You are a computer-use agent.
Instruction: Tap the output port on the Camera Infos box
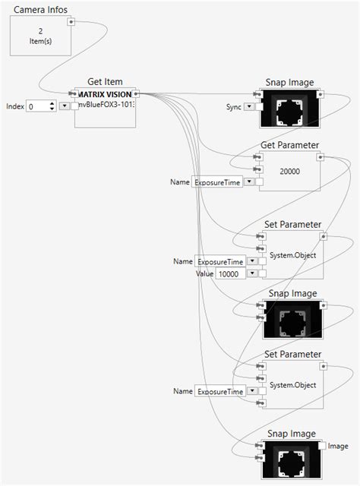point(71,22)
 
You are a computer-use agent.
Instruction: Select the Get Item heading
point(106,81)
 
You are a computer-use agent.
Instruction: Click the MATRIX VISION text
point(106,94)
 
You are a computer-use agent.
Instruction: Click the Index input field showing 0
point(39,107)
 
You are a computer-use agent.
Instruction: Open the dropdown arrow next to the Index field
point(62,107)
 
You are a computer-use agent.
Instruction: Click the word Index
point(14,107)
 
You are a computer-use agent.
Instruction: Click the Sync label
point(234,107)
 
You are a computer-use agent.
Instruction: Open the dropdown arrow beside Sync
point(249,107)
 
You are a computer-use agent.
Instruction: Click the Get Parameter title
point(289,144)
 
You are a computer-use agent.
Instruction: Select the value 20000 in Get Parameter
point(289,172)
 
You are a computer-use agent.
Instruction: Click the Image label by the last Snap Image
point(338,446)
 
